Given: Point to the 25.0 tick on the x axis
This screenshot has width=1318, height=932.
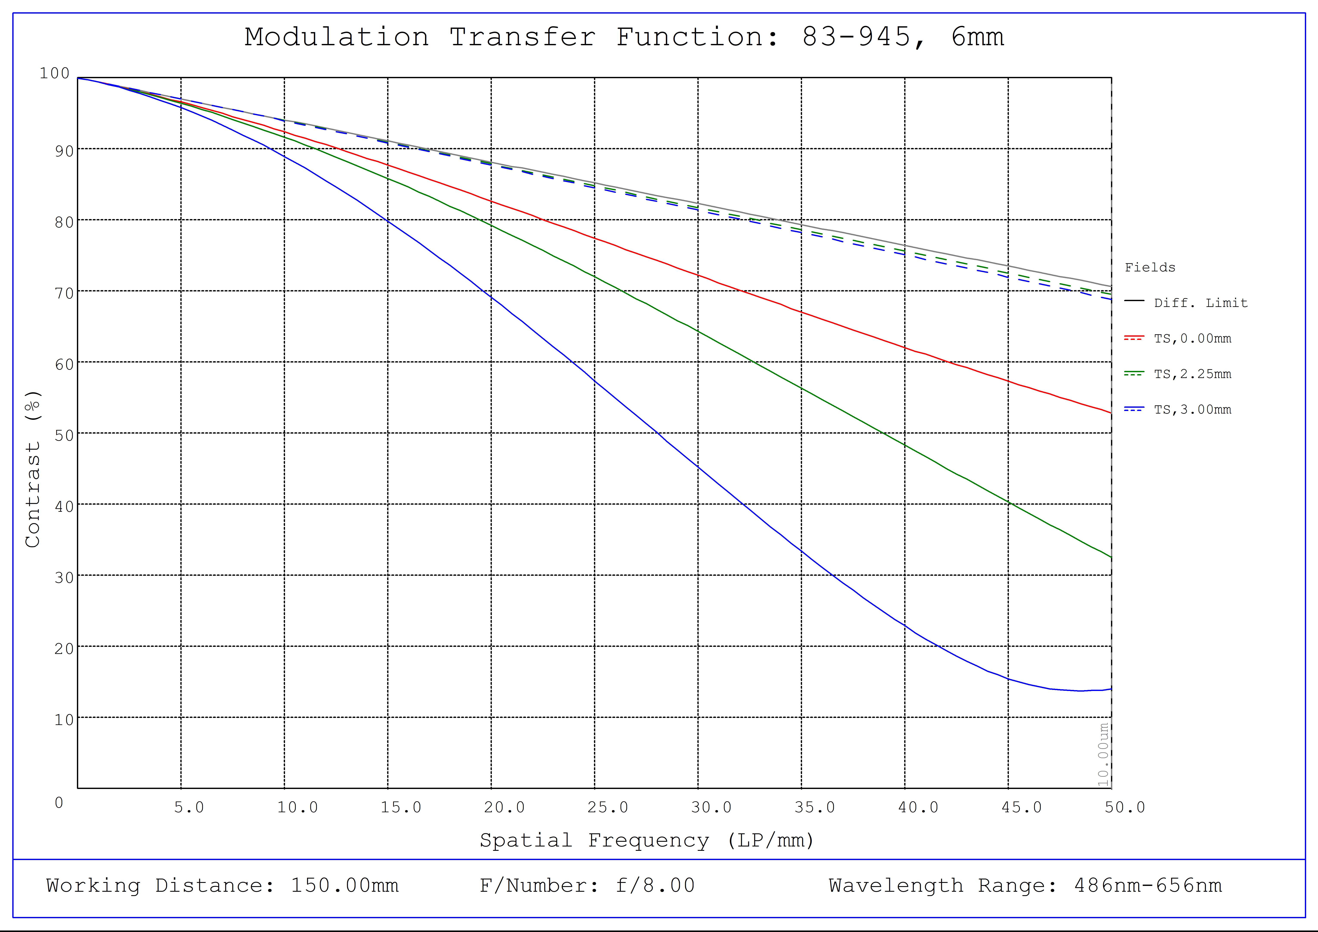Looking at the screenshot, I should tap(607, 808).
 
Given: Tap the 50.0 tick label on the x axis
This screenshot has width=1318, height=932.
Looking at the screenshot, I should tap(1125, 808).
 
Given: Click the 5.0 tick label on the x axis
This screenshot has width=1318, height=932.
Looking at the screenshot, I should tap(189, 808).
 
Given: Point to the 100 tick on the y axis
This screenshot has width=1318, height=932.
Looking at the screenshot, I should tap(55, 73).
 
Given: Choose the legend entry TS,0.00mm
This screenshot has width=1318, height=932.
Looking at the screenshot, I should tap(1192, 339).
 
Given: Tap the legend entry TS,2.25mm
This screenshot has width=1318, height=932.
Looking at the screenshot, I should tap(1192, 374).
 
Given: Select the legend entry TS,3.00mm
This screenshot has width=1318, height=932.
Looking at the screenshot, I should tap(1192, 410).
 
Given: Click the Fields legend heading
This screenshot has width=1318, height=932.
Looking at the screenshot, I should tap(1150, 268).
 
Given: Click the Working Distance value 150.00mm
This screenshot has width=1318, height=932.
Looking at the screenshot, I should tap(344, 885).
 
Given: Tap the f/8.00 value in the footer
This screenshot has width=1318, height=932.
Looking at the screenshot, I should tap(655, 885).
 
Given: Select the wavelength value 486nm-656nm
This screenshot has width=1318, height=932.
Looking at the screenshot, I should tap(1148, 885).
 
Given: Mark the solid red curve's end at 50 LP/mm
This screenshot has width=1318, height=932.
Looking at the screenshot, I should tap(1111, 413).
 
